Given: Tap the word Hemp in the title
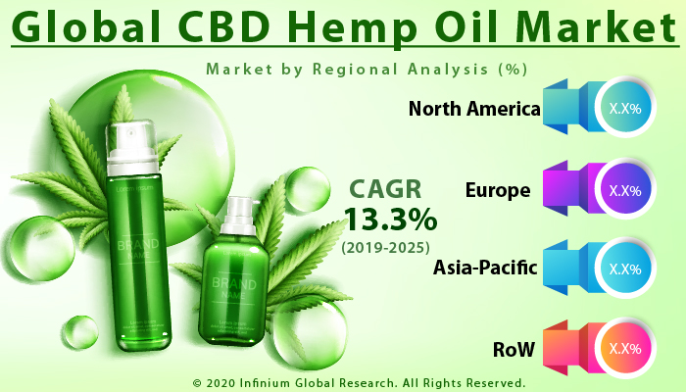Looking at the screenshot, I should point(330,26).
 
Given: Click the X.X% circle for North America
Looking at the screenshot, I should point(623,109).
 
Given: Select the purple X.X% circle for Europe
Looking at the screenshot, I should point(623,189).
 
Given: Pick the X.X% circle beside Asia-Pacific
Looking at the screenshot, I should point(623,268).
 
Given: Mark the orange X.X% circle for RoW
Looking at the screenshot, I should point(623,348).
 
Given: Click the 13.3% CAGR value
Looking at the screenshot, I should point(389,216).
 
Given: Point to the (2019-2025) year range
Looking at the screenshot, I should point(388,245).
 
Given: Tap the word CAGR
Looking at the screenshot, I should point(390,186).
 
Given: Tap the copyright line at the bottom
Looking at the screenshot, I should point(359,382).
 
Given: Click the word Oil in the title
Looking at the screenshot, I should point(450,26).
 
